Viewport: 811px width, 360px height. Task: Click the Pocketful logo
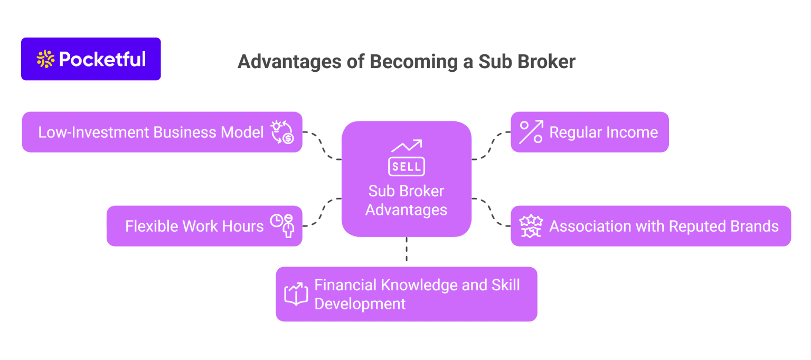click(x=91, y=59)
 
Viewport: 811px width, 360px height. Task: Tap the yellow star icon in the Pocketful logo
click(x=46, y=59)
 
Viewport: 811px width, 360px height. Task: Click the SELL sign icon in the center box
click(x=407, y=159)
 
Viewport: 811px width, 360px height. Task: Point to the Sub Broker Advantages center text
click(x=407, y=201)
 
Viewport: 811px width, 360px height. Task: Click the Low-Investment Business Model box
click(x=162, y=132)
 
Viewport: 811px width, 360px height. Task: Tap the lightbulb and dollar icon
click(x=282, y=132)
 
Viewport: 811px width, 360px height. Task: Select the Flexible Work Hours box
click(x=204, y=226)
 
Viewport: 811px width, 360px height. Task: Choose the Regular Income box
click(x=589, y=132)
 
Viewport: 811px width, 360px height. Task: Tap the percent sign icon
click(x=531, y=132)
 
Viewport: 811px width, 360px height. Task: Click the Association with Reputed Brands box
click(x=650, y=226)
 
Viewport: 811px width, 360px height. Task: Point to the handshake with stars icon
click(x=531, y=226)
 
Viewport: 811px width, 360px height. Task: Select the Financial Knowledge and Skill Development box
click(x=406, y=294)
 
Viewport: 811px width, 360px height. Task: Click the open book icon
click(x=296, y=294)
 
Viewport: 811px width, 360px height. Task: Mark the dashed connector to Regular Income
click(x=491, y=145)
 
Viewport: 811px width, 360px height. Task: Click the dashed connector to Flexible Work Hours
click(x=322, y=212)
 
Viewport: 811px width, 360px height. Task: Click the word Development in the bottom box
click(x=360, y=304)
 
